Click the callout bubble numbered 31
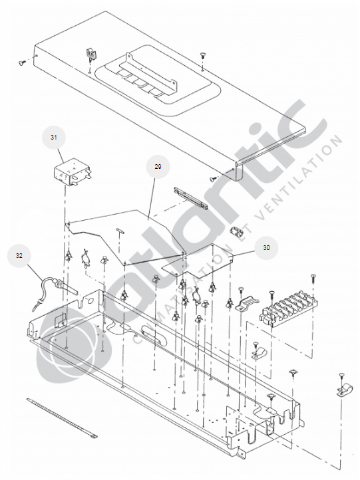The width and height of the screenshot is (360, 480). (x=54, y=138)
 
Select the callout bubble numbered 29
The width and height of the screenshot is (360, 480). (x=158, y=167)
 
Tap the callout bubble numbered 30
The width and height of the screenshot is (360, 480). (x=266, y=248)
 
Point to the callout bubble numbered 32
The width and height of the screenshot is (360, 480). (x=19, y=255)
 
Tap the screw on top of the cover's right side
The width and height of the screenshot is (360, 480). (x=202, y=56)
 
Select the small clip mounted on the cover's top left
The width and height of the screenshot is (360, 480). (x=90, y=55)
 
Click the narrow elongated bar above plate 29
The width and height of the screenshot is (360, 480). (x=190, y=198)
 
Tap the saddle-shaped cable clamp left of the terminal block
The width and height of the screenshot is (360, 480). (x=248, y=303)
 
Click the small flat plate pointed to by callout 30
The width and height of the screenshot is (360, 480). (x=198, y=261)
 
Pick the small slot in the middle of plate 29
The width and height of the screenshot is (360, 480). (x=120, y=231)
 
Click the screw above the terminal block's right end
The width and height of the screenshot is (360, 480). (x=312, y=279)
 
